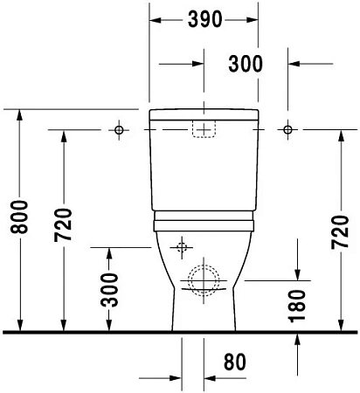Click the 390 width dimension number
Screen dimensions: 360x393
[204, 19]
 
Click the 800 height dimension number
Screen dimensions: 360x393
[19, 217]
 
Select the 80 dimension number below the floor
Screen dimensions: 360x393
[235, 362]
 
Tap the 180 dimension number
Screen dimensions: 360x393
[297, 307]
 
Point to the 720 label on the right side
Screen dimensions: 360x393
[340, 232]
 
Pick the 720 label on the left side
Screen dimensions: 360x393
[63, 225]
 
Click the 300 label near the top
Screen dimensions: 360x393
[246, 64]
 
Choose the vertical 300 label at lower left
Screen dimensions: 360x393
[109, 290]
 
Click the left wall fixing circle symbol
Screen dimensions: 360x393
[119, 130]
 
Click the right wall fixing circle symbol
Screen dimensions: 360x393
[287, 129]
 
